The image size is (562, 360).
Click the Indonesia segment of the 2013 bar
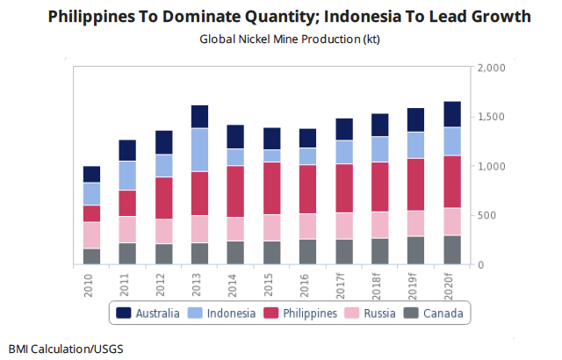pyautogui.click(x=199, y=149)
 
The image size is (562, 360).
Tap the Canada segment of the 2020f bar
pyautogui.click(x=452, y=249)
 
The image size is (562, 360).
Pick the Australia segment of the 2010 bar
pyautogui.click(x=91, y=174)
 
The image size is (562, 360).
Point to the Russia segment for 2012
pyautogui.click(x=163, y=231)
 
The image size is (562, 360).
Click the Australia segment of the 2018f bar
pyautogui.click(x=379, y=125)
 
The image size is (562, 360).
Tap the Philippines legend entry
pyautogui.click(x=300, y=313)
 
